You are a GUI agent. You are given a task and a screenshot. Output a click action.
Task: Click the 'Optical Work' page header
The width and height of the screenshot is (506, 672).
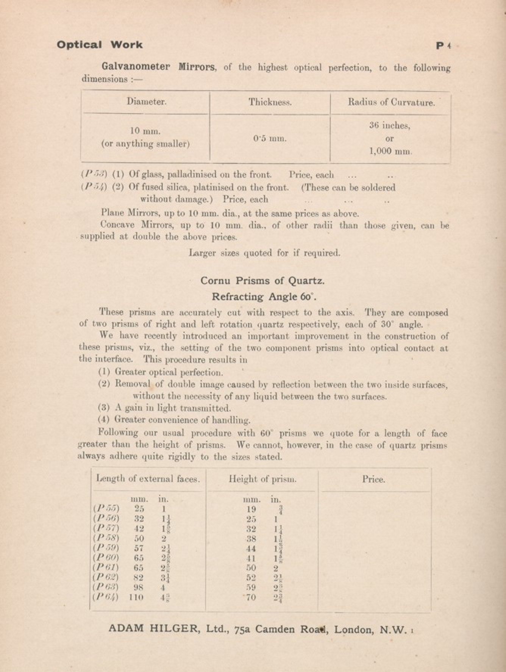(x=100, y=45)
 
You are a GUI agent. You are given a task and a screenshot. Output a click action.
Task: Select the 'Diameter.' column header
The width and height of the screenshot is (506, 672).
(x=147, y=102)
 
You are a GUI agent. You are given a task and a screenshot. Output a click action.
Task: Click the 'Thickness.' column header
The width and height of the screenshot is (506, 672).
(x=270, y=102)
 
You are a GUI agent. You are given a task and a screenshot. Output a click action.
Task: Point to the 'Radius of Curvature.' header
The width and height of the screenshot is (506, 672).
(x=391, y=102)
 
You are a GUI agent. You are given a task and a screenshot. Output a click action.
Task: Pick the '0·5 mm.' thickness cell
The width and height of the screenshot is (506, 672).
(x=270, y=139)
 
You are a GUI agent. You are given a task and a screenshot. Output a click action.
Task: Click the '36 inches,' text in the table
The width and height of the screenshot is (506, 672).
(x=390, y=126)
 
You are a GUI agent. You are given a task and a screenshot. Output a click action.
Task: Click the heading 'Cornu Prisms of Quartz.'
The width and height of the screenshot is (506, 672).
(x=262, y=281)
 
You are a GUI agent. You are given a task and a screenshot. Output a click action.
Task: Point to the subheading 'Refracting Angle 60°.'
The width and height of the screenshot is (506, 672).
(x=264, y=297)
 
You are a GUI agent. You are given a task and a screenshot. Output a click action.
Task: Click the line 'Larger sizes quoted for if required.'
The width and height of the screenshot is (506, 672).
(x=264, y=253)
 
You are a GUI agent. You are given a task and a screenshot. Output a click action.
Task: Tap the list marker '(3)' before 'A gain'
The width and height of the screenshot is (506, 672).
(x=104, y=408)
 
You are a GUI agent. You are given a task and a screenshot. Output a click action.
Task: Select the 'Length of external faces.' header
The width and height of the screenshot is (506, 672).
(x=148, y=479)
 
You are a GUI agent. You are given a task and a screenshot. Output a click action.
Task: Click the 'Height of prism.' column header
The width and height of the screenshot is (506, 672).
(x=262, y=479)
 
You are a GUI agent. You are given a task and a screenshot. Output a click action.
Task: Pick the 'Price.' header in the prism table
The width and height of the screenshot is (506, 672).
(x=373, y=480)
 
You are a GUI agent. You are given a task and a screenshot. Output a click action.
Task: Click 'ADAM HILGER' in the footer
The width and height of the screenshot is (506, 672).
(x=152, y=628)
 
